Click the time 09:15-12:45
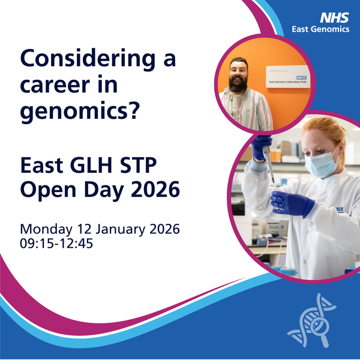point(59,244)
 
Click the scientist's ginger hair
point(324,130)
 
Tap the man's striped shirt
point(243,111)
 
